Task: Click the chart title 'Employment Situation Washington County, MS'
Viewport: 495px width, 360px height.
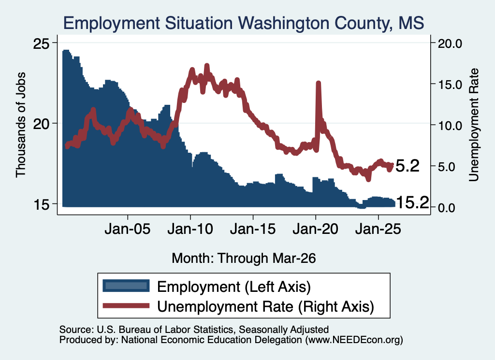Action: pos(244,23)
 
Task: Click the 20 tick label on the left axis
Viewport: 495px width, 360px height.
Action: pos(42,123)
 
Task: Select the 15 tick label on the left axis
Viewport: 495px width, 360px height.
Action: pos(42,204)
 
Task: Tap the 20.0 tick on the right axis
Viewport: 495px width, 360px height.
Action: pos(450,43)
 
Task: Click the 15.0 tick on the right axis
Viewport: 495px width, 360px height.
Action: pos(450,84)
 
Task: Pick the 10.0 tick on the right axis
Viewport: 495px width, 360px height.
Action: pos(450,125)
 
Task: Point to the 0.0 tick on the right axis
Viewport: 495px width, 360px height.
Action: pos(446,207)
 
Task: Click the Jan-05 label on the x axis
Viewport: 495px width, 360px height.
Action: pos(128,229)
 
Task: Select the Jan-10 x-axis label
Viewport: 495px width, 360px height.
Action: pos(190,229)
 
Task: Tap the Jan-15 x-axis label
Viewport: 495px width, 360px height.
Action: pos(252,229)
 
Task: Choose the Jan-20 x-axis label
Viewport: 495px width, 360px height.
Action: pos(315,229)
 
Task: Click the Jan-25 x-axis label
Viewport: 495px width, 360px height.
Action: pos(378,229)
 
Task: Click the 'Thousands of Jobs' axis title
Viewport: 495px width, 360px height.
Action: pos(20,125)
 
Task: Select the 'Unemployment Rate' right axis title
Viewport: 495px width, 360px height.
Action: pos(474,125)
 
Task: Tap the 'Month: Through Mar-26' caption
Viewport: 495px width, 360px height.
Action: pos(244,258)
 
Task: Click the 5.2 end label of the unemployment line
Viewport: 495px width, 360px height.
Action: pos(407,166)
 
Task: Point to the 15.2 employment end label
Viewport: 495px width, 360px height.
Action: pos(412,202)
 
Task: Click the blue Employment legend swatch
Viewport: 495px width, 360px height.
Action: pos(126,286)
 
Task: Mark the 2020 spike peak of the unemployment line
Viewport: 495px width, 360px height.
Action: pos(318,83)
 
